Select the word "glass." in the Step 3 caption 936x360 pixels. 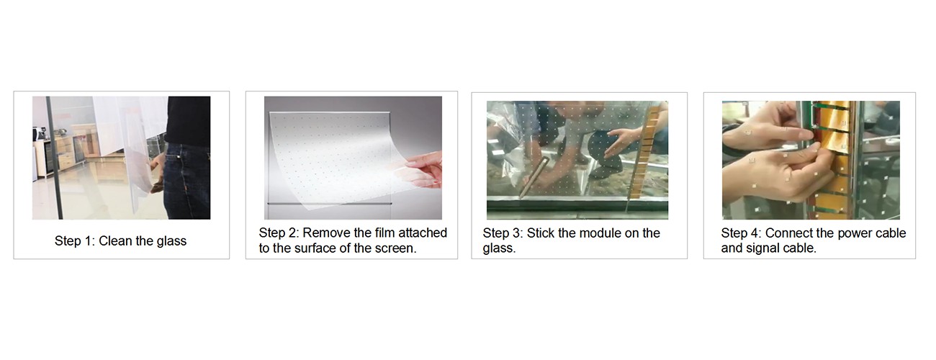tap(499, 248)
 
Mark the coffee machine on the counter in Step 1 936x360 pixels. tap(38, 135)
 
